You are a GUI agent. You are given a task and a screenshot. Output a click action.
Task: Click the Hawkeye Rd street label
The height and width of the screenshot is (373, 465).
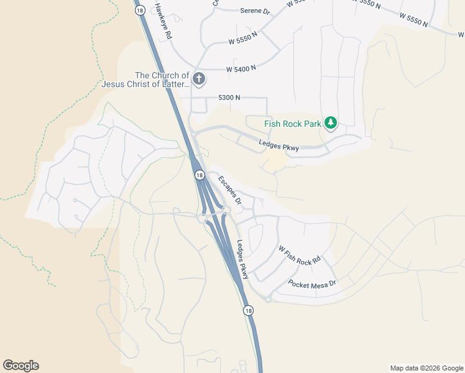[x=162, y=19]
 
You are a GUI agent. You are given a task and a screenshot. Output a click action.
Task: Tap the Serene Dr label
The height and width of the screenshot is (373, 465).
[x=256, y=11]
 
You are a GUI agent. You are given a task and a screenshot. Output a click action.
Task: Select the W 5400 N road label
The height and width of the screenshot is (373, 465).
[x=241, y=68]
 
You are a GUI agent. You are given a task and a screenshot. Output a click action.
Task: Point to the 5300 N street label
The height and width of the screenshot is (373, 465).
[x=229, y=98]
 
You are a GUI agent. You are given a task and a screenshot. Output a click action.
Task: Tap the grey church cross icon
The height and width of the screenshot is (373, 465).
[x=199, y=79]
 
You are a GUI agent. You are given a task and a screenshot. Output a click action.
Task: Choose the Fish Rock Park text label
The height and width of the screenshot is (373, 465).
[x=293, y=124]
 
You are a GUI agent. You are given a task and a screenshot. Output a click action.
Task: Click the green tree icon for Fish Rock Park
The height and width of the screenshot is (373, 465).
[x=332, y=123]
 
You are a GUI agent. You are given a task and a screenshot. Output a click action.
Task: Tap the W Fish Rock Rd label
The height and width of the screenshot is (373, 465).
[x=299, y=255]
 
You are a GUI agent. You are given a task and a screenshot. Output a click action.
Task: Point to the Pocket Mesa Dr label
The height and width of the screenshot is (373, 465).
[x=312, y=283]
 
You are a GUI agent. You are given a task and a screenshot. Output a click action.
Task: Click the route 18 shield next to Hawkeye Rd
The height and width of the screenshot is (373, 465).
[x=140, y=10]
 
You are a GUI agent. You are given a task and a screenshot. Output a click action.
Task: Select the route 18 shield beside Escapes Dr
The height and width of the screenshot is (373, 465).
[x=200, y=175]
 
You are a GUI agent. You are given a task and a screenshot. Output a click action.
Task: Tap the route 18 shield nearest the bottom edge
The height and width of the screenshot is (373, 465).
[x=249, y=310]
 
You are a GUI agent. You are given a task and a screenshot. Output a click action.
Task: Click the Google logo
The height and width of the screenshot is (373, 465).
[x=21, y=366]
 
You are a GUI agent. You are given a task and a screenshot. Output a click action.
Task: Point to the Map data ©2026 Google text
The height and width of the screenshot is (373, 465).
[x=426, y=368]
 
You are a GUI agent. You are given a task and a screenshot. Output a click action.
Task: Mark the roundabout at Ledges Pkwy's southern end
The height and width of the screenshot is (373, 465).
[x=268, y=299]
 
